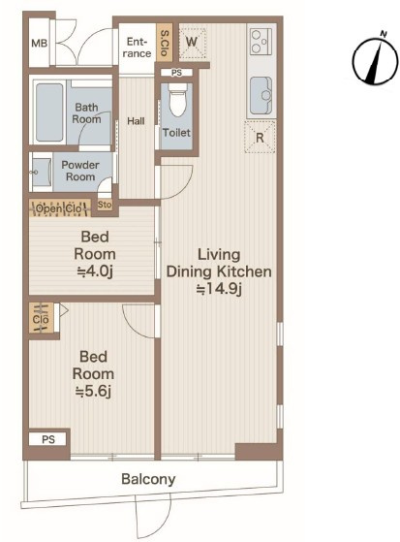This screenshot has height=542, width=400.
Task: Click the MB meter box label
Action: click(x=39, y=44)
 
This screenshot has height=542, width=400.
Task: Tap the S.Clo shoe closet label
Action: click(x=165, y=43)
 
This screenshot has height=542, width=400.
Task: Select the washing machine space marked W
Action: click(x=192, y=43)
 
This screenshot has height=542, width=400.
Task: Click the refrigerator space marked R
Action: click(x=260, y=137)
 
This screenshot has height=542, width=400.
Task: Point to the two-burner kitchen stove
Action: click(x=261, y=42)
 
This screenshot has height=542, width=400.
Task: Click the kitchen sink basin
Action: click(x=261, y=96)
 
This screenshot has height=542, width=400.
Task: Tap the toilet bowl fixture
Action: click(x=177, y=100)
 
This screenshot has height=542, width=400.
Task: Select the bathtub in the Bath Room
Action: click(x=49, y=112)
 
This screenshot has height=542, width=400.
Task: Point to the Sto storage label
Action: click(x=105, y=205)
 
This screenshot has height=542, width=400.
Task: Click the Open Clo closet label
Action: click(x=59, y=208)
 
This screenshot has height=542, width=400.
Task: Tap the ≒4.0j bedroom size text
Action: click(x=95, y=271)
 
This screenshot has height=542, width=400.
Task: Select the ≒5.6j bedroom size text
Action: click(x=93, y=391)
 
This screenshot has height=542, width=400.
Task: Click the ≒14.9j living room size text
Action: click(x=219, y=289)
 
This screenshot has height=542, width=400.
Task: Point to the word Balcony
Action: click(x=148, y=479)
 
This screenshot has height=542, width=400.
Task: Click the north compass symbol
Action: click(x=375, y=60)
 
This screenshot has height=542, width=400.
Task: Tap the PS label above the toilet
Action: click(x=176, y=73)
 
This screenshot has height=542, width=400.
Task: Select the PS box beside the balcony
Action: click(x=48, y=439)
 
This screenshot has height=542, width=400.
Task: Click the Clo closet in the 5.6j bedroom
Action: click(x=41, y=318)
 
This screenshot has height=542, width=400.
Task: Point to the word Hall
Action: click(x=136, y=121)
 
